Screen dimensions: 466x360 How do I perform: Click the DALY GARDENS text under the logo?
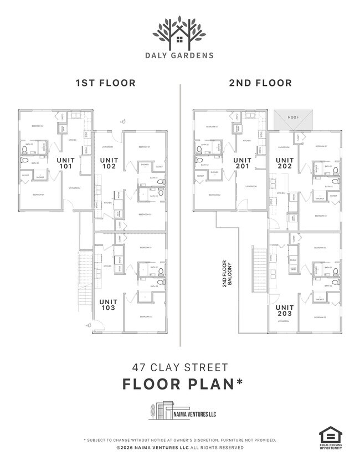[179, 55]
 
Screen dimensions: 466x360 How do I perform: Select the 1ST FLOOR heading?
[105, 83]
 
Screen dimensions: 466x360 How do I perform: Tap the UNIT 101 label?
[66, 162]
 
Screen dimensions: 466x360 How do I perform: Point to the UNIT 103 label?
[108, 304]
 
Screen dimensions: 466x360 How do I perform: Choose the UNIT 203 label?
[285, 310]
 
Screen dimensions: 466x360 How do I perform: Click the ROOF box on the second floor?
[293, 118]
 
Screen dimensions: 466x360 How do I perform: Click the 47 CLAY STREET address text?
[179, 367]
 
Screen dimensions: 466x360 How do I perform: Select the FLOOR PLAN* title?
[179, 383]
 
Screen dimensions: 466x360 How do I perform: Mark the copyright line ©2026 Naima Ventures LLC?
[179, 447]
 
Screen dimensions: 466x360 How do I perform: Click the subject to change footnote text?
[179, 440]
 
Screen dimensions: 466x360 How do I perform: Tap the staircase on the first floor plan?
[84, 277]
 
